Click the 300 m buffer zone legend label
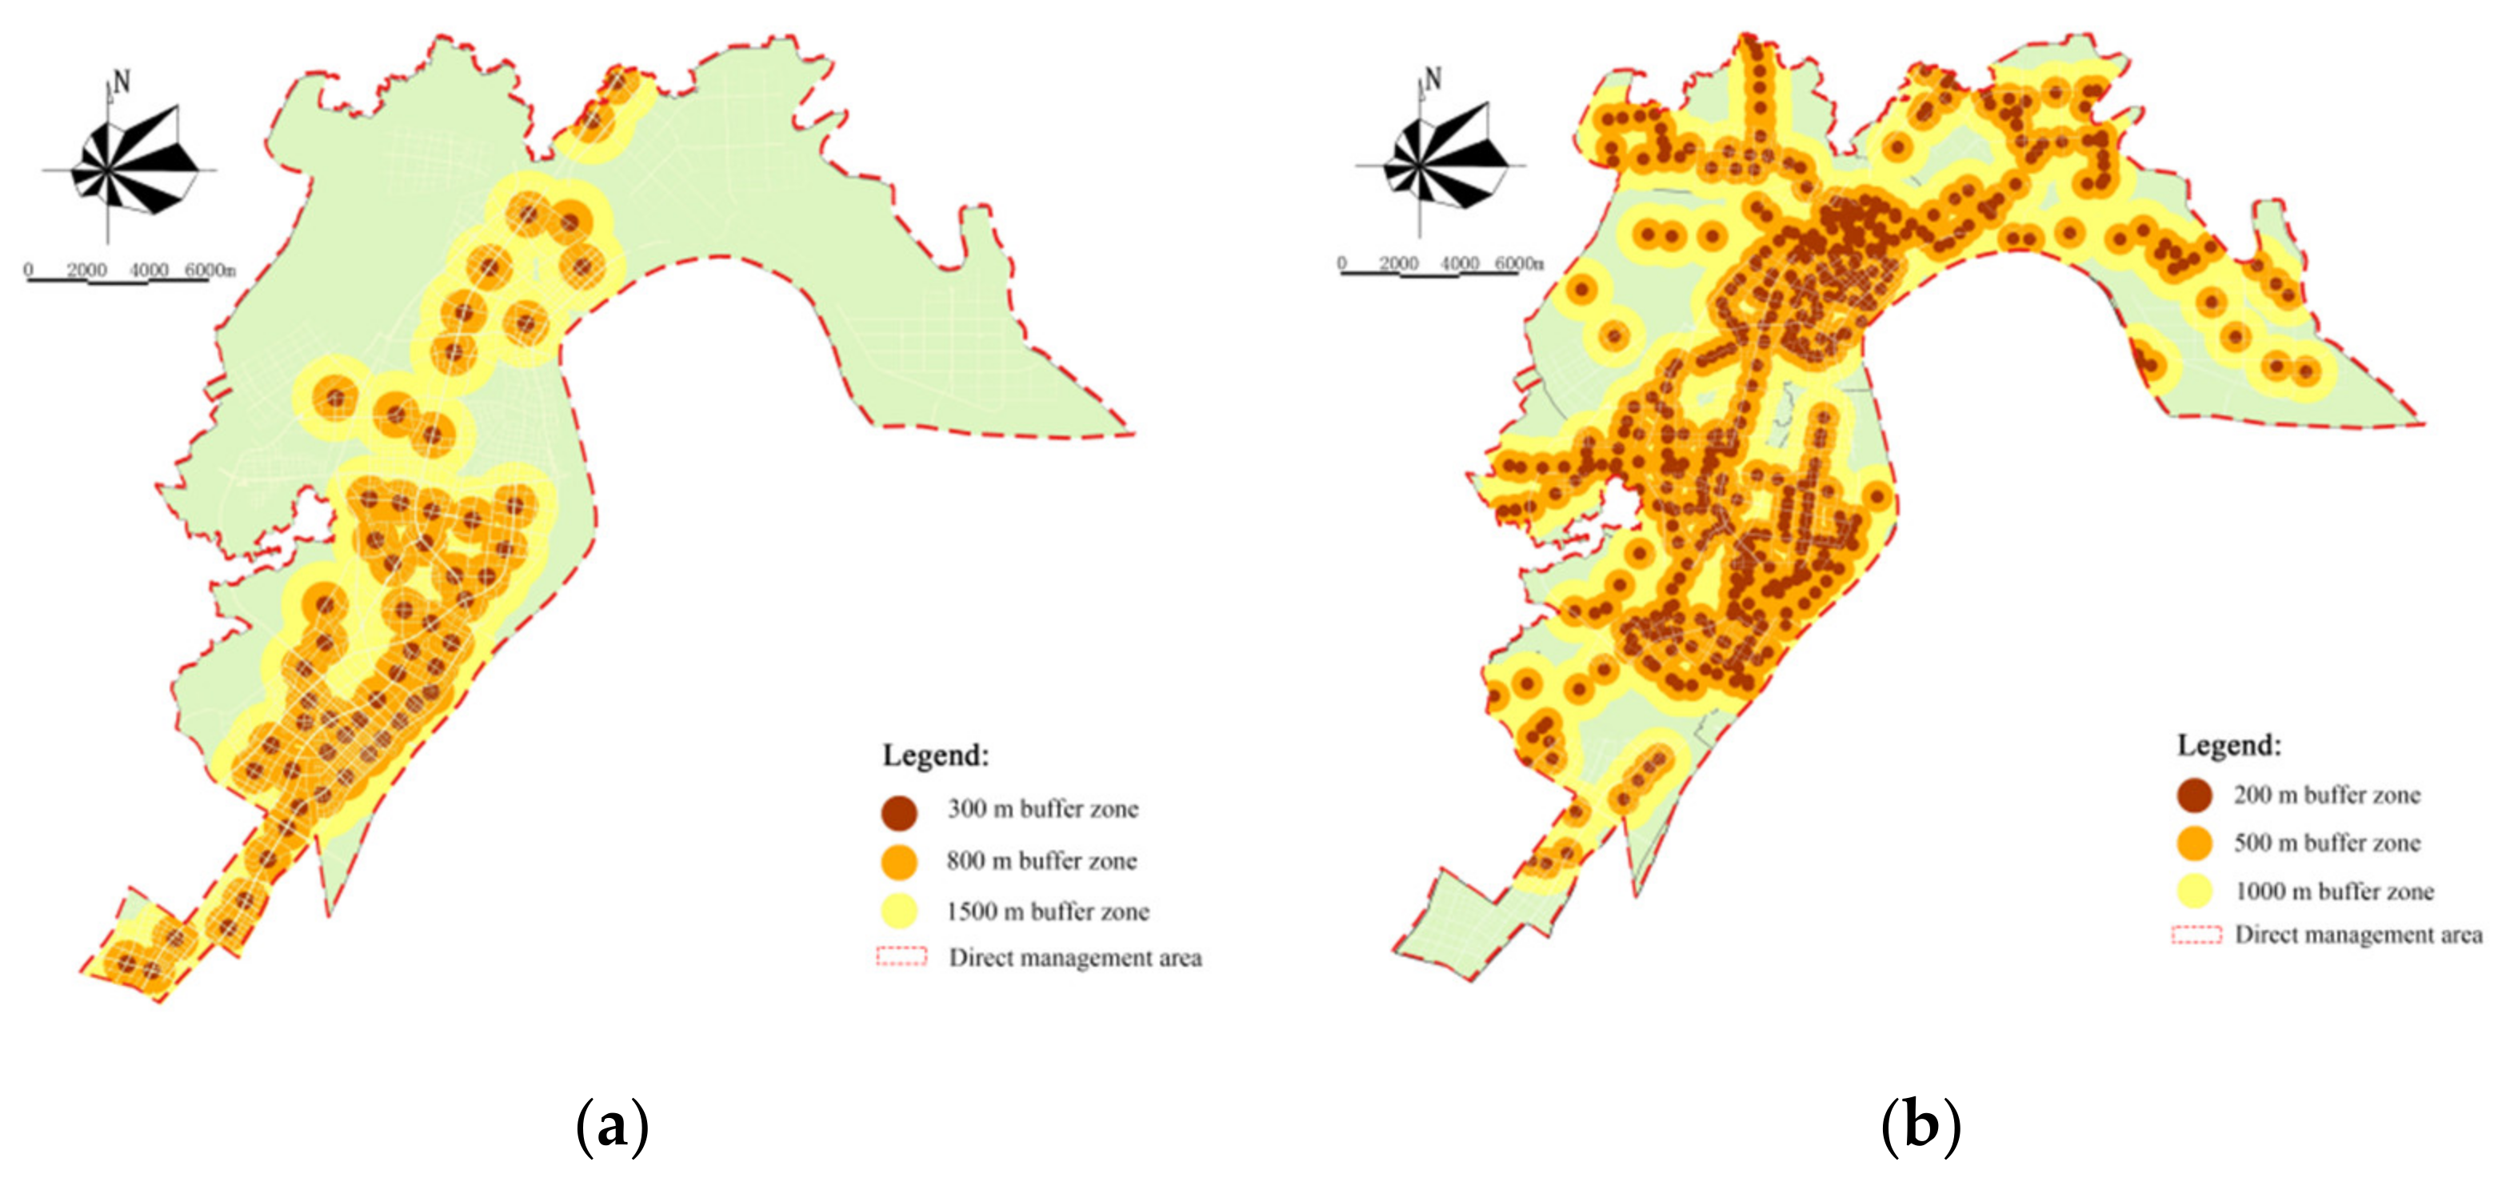1042,809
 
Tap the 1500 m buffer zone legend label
1047,912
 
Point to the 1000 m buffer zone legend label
2333,892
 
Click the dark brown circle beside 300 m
899,811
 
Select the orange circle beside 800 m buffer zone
899,862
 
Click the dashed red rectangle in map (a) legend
901,956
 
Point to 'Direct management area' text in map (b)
2358,936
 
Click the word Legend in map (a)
936,755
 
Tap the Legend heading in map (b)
2228,746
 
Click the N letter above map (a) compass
122,82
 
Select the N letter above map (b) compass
1433,78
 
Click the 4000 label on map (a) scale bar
149,270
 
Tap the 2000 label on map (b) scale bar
1399,264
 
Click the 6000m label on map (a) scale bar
210,270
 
